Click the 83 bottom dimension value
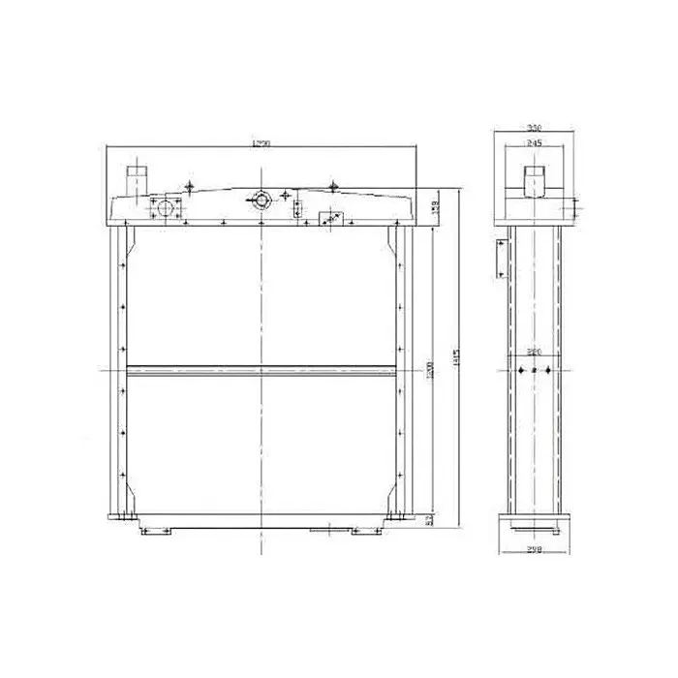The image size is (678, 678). [x=429, y=521]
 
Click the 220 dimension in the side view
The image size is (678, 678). [x=534, y=352]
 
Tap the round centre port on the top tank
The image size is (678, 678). [x=259, y=200]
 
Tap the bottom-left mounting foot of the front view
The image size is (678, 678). [x=155, y=531]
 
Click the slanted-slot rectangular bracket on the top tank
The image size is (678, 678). [x=330, y=219]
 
